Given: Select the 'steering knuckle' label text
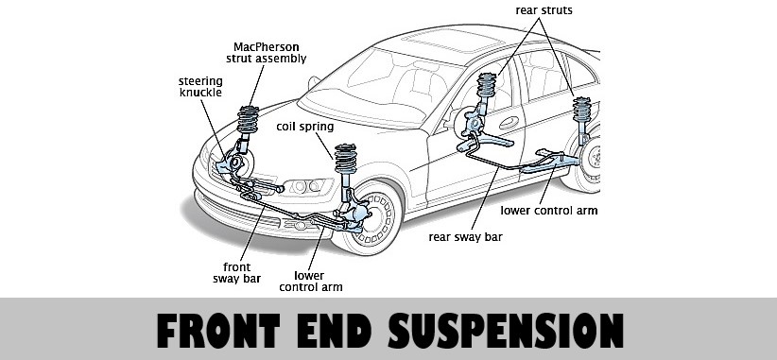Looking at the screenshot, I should coord(199,88).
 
